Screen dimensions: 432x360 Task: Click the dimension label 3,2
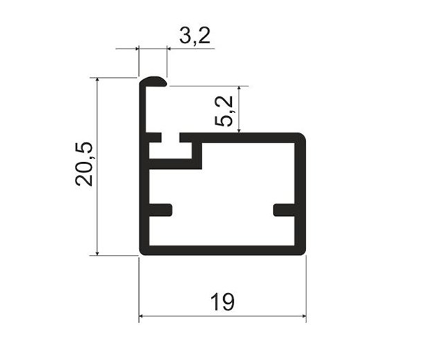click(x=195, y=36)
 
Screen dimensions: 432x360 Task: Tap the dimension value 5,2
click(x=224, y=111)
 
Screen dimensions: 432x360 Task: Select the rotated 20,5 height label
click(x=84, y=164)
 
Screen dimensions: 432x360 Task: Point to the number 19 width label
click(x=222, y=302)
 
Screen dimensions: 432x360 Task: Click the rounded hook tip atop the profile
click(x=153, y=82)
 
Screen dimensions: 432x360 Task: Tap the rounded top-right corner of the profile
click(x=302, y=137)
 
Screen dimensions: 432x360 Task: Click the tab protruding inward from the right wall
click(x=284, y=210)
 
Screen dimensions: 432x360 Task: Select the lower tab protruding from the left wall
click(x=161, y=210)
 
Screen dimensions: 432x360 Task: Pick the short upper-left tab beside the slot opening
click(x=155, y=138)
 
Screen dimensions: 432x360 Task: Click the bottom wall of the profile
click(x=222, y=250)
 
